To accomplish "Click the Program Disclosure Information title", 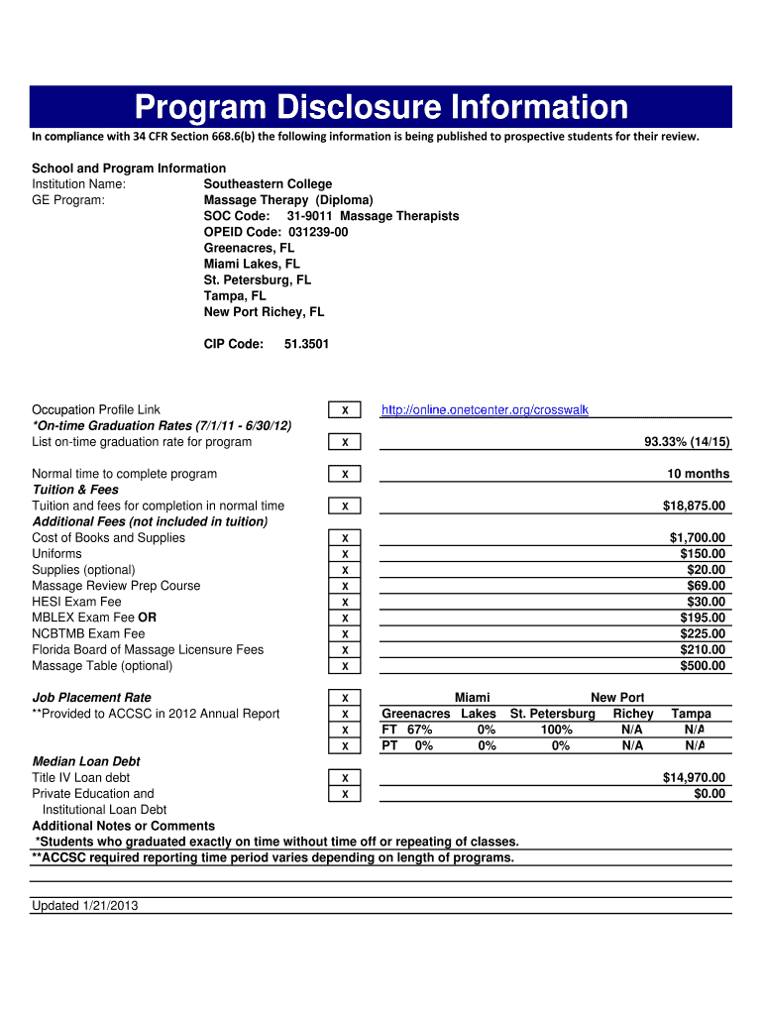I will pyautogui.click(x=381, y=107).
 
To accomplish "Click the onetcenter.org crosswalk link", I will pyautogui.click(x=485, y=409).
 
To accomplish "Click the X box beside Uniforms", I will pyautogui.click(x=344, y=554).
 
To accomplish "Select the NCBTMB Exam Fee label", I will pyautogui.click(x=88, y=633).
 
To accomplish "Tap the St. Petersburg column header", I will pyautogui.click(x=552, y=714).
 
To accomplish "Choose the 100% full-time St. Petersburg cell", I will pyautogui.click(x=556, y=730).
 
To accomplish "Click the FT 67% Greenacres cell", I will pyautogui.click(x=407, y=730).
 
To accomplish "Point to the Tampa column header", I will pyautogui.click(x=691, y=714).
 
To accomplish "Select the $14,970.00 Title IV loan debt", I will pyautogui.click(x=694, y=777).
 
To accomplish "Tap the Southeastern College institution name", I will pyautogui.click(x=268, y=184).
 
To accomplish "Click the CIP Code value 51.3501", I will pyautogui.click(x=306, y=344).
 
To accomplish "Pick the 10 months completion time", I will pyautogui.click(x=698, y=474).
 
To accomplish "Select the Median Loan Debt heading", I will pyautogui.click(x=86, y=761).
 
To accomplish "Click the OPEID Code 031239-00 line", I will pyautogui.click(x=275, y=232).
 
